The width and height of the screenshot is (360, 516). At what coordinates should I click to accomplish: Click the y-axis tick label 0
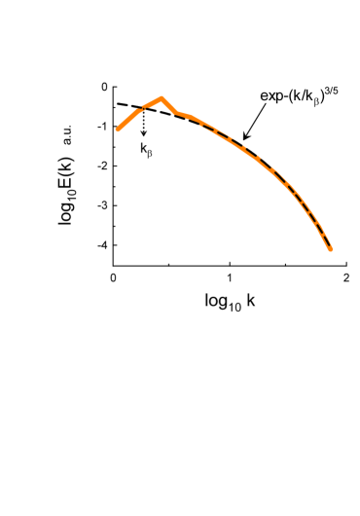point(102,87)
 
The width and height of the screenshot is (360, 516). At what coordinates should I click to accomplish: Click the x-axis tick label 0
point(115,277)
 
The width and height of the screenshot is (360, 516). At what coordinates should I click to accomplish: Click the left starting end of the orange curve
point(116,129)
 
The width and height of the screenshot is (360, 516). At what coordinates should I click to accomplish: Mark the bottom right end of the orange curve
point(331,249)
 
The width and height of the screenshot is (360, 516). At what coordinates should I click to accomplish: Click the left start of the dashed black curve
point(116,103)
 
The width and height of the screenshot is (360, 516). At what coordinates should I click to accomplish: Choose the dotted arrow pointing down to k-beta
point(144,122)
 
